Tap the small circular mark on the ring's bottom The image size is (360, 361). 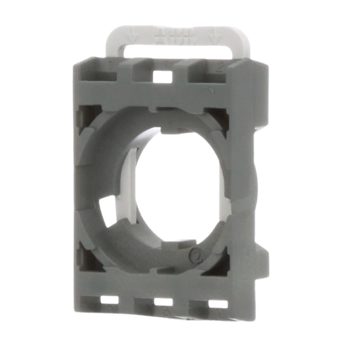pos(193,255)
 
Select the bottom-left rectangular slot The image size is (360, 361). pos(110,298)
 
